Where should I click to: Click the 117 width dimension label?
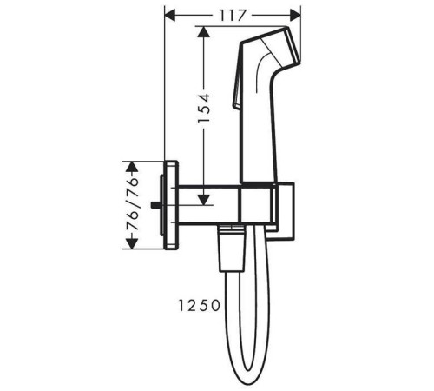(233, 16)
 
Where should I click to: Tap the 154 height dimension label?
(204, 108)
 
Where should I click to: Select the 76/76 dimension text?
(133, 204)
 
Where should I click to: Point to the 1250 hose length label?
(200, 306)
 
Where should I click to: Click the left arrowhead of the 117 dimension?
(170, 15)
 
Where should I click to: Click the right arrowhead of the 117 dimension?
(295, 15)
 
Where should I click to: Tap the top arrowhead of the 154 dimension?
(204, 31)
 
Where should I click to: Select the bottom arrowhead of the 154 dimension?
(204, 200)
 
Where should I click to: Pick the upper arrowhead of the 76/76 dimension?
(133, 167)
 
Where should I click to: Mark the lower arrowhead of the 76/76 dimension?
(133, 243)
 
